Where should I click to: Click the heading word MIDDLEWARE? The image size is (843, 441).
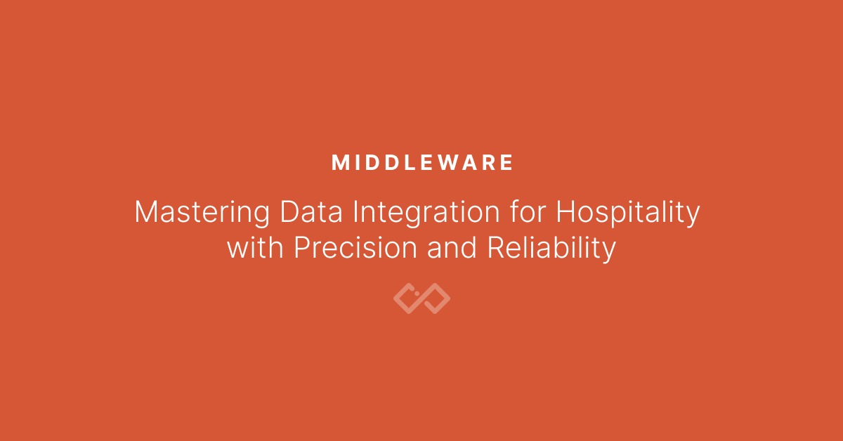(x=422, y=162)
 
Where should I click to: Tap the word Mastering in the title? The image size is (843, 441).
(x=202, y=213)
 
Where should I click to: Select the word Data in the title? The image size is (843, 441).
(x=311, y=212)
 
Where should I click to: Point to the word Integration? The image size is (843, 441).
(x=426, y=213)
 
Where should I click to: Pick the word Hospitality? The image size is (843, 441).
(x=628, y=213)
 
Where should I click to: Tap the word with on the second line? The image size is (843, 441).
(x=255, y=247)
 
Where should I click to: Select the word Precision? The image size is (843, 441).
(x=355, y=247)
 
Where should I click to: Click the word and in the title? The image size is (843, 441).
(x=452, y=247)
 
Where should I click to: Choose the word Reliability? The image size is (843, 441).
(x=551, y=249)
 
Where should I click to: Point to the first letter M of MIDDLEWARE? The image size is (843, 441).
(x=339, y=162)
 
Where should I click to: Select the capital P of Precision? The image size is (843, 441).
(x=302, y=248)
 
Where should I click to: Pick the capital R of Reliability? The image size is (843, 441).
(x=497, y=248)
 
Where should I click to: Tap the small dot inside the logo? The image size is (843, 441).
(x=417, y=294)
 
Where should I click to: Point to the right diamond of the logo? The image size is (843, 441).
(x=442, y=298)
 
